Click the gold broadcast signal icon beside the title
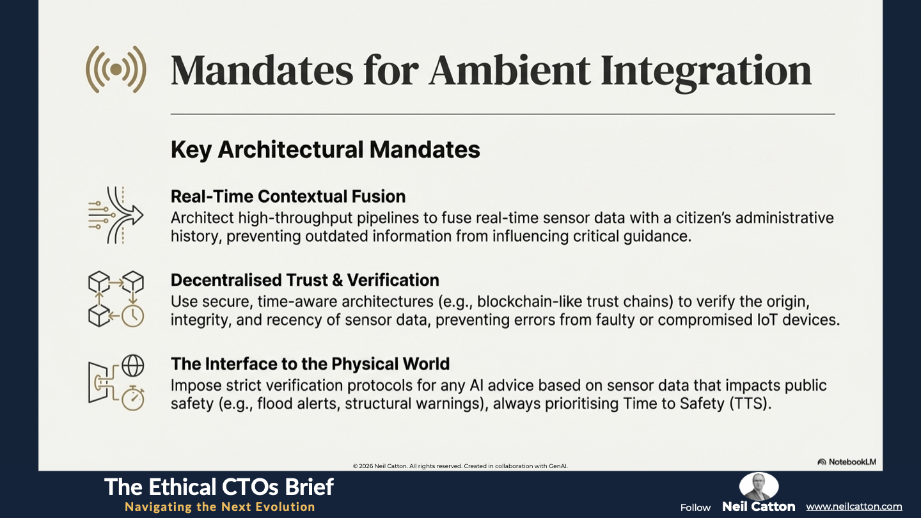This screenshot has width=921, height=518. [116, 70]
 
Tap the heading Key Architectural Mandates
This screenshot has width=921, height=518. [325, 149]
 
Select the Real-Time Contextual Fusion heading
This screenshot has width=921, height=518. [288, 196]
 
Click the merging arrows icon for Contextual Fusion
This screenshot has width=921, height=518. [116, 215]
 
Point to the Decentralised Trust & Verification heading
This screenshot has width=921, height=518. [304, 280]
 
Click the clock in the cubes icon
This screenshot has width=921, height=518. [133, 316]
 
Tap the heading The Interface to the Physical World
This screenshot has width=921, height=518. [310, 364]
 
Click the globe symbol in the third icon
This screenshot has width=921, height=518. [133, 366]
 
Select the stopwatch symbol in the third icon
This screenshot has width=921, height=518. [133, 398]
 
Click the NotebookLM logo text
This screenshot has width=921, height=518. [847, 462]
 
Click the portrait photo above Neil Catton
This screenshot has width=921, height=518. [759, 486]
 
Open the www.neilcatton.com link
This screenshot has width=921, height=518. [854, 506]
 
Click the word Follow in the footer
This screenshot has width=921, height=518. [695, 508]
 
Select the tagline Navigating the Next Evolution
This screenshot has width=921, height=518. [220, 507]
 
